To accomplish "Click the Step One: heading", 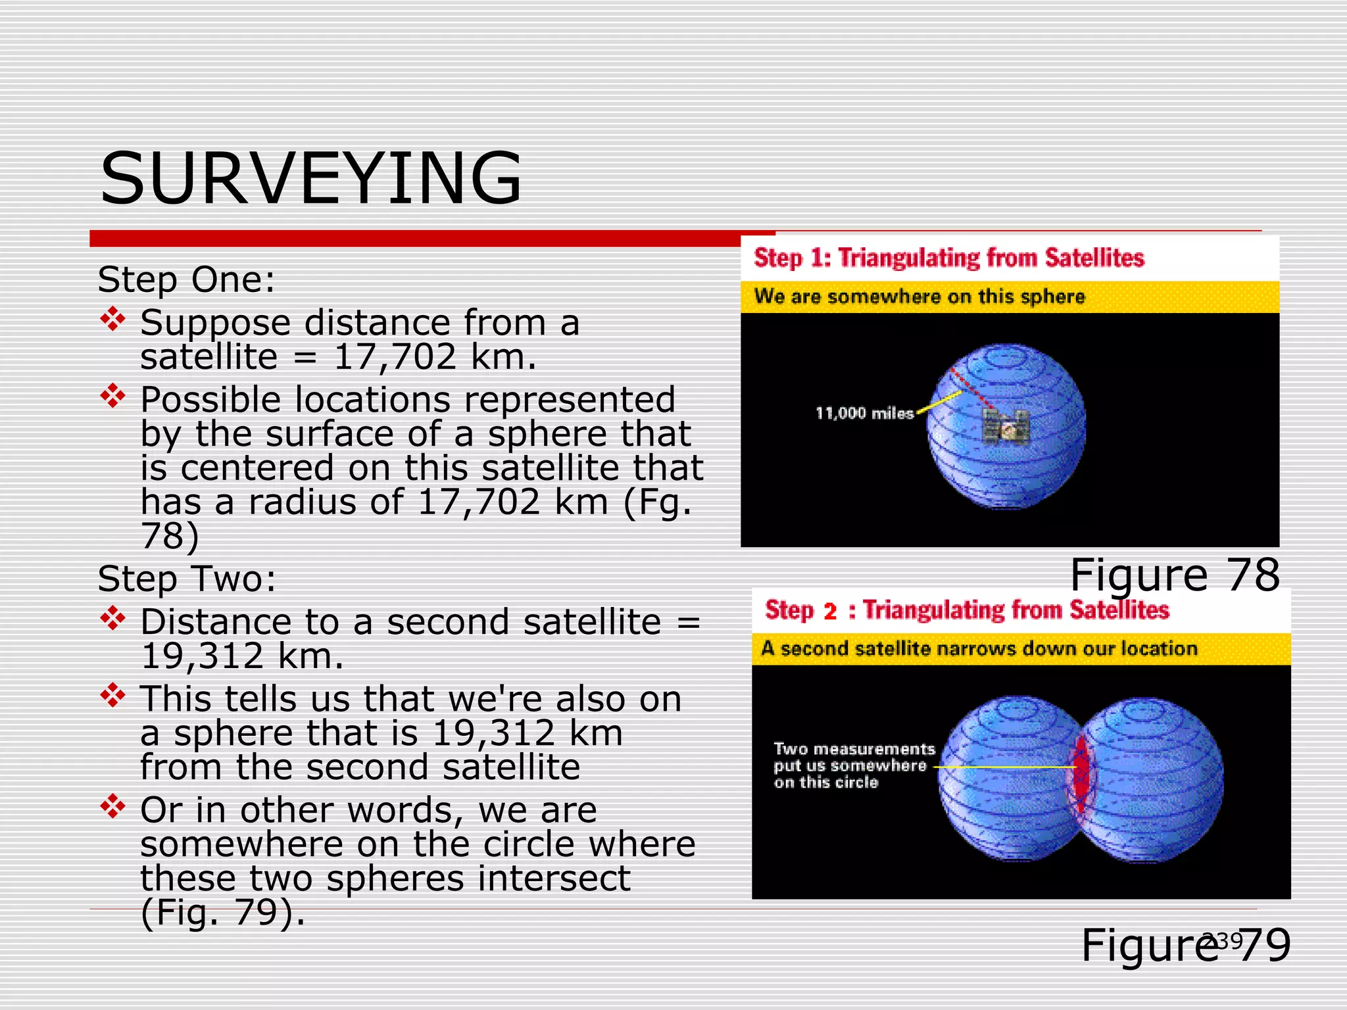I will (186, 279).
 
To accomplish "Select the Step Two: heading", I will (187, 579).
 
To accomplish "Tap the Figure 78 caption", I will (1175, 575).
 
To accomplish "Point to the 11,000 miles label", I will (864, 414).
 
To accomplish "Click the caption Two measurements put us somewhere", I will (853, 765).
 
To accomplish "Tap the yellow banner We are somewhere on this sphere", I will (919, 297).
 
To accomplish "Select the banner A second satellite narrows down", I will (979, 649).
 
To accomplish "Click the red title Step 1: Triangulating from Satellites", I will (948, 258).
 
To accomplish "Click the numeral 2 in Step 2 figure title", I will (830, 611).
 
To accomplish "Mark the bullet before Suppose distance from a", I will (113, 319).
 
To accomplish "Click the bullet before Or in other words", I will (113, 806).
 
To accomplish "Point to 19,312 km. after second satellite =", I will (242, 656).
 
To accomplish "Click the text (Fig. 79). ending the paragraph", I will (223, 913).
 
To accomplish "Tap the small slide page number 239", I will (1223, 941).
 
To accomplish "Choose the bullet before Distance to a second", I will (113, 618).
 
